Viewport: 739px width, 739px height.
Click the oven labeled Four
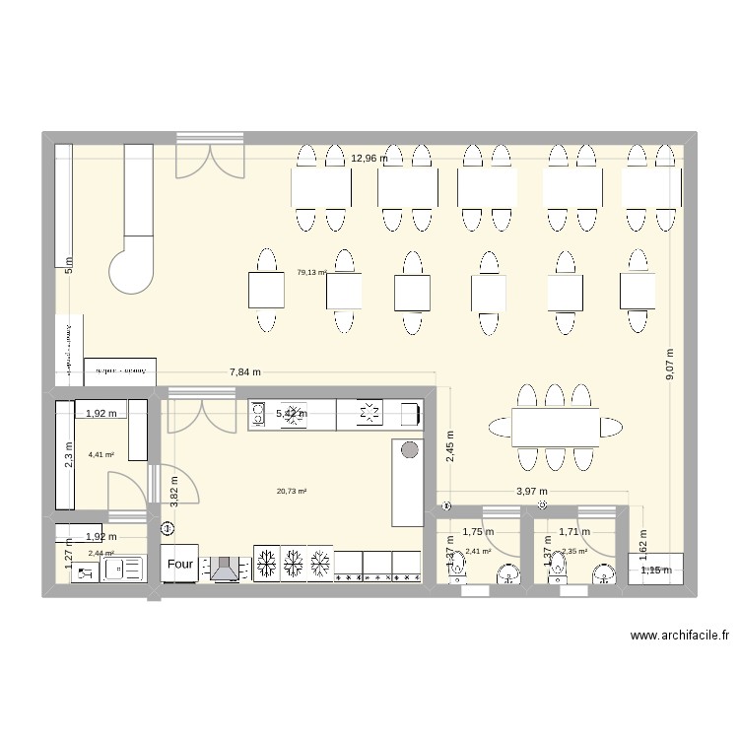(181, 565)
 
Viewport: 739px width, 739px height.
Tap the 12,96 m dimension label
(369, 158)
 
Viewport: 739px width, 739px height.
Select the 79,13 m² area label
(311, 273)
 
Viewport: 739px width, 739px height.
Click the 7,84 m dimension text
(245, 372)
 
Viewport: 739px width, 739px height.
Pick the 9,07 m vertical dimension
(670, 364)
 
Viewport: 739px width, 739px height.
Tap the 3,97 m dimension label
(532, 492)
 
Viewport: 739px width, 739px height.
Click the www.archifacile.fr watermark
(679, 636)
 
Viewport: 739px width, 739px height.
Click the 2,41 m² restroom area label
(478, 551)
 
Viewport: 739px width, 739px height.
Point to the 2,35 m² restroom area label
(574, 551)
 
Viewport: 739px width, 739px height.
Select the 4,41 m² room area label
(101, 454)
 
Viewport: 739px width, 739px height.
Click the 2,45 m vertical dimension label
(449, 446)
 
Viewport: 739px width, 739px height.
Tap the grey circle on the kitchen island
(408, 451)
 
